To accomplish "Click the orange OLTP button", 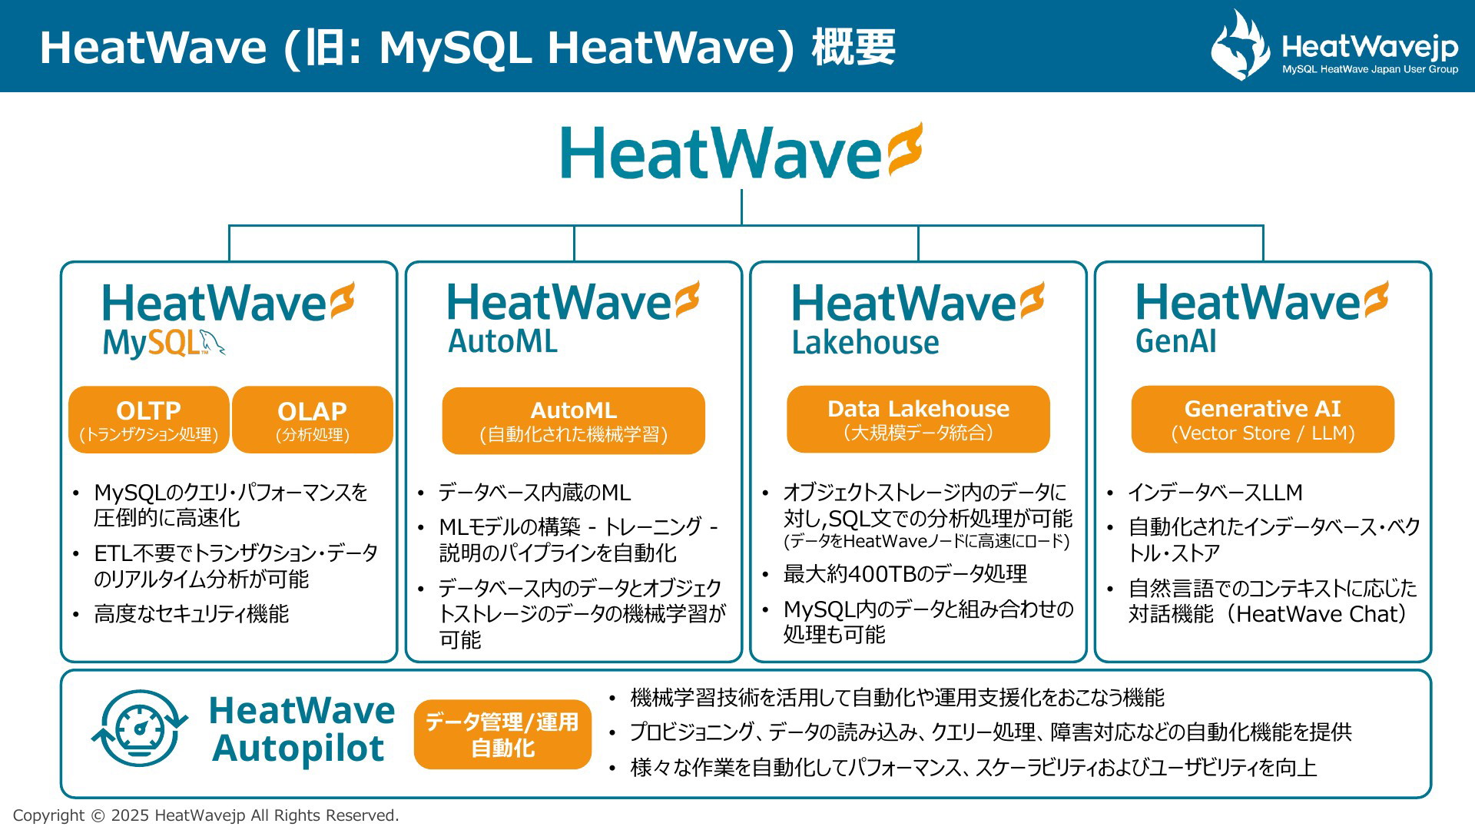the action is pyautogui.click(x=149, y=420).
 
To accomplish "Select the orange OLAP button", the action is pyautogui.click(x=313, y=420).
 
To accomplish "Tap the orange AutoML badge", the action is pyautogui.click(x=574, y=420).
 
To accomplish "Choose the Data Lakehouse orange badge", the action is pyautogui.click(x=918, y=419).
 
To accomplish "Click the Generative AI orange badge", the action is pyautogui.click(x=1263, y=419).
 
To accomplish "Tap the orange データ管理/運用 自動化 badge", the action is pyautogui.click(x=502, y=734).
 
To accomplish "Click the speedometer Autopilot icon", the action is pyautogui.click(x=139, y=729).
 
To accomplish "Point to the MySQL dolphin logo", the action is pyautogui.click(x=212, y=343).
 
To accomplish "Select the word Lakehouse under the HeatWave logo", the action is pyautogui.click(x=865, y=343).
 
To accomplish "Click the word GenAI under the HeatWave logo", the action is pyautogui.click(x=1176, y=341).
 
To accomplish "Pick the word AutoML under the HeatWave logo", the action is pyautogui.click(x=503, y=341).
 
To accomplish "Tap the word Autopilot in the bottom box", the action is pyautogui.click(x=298, y=749).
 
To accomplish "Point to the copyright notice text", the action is pyautogui.click(x=206, y=815).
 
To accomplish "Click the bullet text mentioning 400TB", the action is pyautogui.click(x=905, y=574).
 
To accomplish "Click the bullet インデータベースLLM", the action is pyautogui.click(x=1215, y=493).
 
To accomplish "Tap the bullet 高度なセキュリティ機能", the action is pyautogui.click(x=191, y=614).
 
